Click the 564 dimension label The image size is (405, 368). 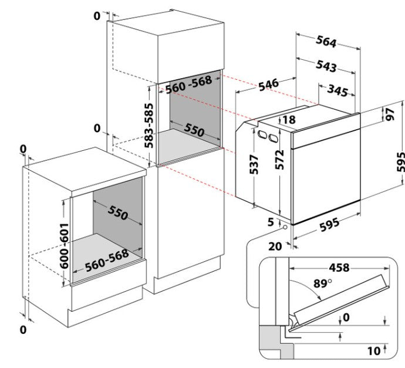pos(326,41)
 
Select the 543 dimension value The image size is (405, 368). pos(326,66)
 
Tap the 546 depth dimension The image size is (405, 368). pos(269,85)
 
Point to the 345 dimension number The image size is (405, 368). pos(338,90)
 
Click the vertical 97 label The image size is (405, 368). pos(390,114)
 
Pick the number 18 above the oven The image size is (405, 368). pos(289,120)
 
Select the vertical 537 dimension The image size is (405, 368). pos(254,164)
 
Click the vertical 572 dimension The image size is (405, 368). pos(279,160)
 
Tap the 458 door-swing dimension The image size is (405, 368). pos(339,268)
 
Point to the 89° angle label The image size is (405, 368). pos(322,283)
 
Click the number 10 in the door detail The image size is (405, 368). pos(374,351)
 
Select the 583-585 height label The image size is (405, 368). pos(148,126)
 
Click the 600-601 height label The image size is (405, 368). pos(64,246)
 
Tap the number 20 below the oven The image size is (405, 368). pos(275,247)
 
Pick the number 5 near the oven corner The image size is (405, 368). pos(271,222)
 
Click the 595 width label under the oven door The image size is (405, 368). pos(330,225)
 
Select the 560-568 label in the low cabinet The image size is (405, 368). pos(107,261)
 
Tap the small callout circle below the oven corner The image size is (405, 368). pos(285,227)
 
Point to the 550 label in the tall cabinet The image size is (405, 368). pos(194,130)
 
